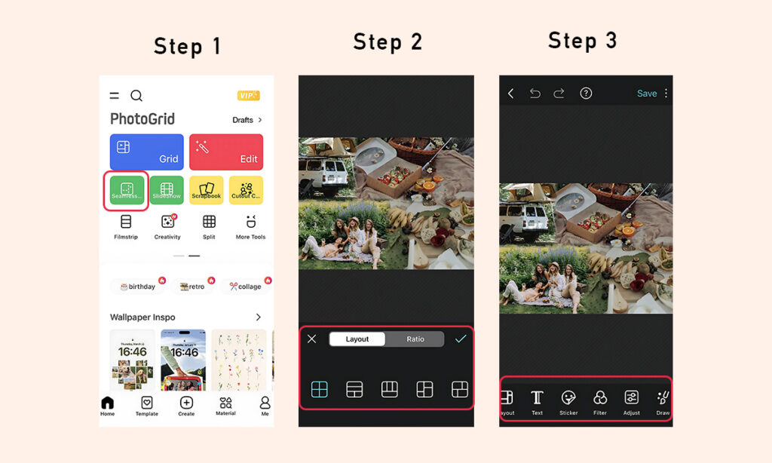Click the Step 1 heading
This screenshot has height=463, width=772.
[187, 46]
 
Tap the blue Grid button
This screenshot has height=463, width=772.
[147, 152]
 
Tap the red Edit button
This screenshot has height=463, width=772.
[226, 152]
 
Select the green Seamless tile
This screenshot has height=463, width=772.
[127, 190]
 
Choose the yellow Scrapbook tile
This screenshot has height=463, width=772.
[206, 190]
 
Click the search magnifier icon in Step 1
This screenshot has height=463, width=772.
[136, 96]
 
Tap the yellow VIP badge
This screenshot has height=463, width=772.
[248, 96]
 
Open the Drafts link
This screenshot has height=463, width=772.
[247, 120]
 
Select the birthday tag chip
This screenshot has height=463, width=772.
[138, 287]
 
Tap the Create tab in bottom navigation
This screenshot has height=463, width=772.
[186, 406]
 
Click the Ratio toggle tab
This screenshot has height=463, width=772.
[415, 339]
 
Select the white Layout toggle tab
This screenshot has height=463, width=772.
[357, 339]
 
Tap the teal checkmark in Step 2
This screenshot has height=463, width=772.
[461, 339]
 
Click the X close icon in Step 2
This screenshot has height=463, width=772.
[311, 339]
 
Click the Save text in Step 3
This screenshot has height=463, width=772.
[647, 94]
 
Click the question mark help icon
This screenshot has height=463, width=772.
[586, 94]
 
